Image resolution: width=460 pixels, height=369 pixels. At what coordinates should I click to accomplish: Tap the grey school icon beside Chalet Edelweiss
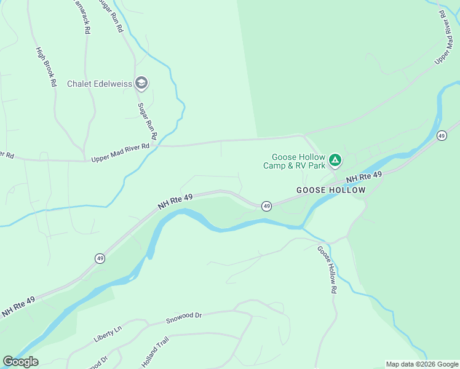[x=141, y=83]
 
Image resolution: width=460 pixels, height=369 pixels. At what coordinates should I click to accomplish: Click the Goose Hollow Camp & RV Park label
[x=294, y=162]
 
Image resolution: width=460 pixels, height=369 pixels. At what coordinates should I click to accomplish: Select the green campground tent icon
[x=335, y=161]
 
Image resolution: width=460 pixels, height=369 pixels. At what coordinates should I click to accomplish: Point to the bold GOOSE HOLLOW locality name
[x=331, y=190]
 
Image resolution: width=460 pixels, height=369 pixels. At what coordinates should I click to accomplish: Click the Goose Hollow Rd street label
[x=327, y=269]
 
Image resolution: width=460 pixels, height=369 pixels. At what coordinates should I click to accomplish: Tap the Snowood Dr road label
[x=184, y=318]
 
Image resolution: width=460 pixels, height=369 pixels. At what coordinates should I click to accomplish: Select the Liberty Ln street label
[x=108, y=335]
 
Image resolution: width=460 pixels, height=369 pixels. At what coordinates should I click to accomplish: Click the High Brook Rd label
[x=46, y=66]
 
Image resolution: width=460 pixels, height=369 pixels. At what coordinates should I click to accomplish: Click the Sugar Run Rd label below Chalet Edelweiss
[x=148, y=121]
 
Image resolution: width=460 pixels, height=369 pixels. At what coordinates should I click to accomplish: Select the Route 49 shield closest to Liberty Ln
[x=100, y=258]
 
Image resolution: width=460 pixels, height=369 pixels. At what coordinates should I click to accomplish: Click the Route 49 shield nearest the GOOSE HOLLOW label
[x=266, y=205]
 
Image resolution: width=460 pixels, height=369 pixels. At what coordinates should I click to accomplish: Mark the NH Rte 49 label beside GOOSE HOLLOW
[x=364, y=177]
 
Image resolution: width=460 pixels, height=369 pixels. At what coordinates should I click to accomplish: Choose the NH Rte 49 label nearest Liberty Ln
[x=18, y=306]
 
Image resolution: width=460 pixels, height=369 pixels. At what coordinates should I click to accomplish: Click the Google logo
[x=20, y=362]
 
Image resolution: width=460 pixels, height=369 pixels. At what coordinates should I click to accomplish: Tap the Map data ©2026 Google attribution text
[x=422, y=364]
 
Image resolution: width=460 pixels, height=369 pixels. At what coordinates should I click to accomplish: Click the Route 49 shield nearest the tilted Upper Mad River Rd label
[x=441, y=135]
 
